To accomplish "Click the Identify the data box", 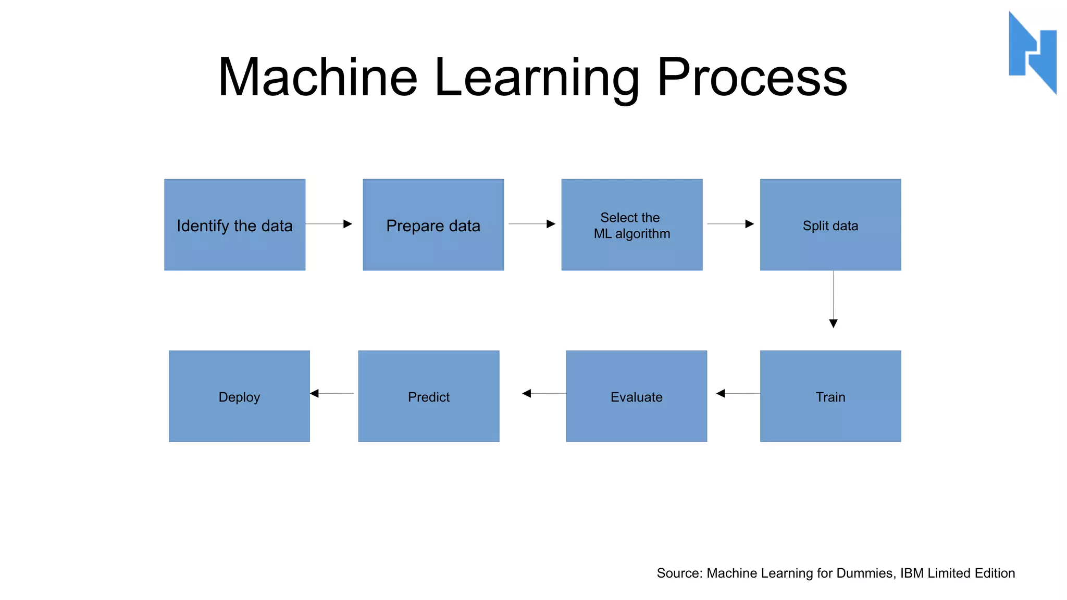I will click(x=234, y=224).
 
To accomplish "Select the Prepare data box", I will click(x=433, y=224).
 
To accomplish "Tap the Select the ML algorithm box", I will click(x=631, y=224).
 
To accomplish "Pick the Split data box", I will click(x=830, y=224).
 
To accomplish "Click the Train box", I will click(x=830, y=396).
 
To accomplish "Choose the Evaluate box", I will click(x=636, y=396).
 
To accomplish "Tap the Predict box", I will click(x=428, y=396).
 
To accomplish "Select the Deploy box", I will click(x=239, y=396).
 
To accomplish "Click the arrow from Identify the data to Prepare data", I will click(x=329, y=224).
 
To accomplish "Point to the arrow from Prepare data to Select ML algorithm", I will click(x=532, y=224).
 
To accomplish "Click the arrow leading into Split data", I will click(x=730, y=224).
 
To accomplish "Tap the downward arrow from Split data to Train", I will click(x=833, y=299).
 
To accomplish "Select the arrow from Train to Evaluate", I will click(x=738, y=393).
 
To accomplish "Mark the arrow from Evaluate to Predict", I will click(x=544, y=393).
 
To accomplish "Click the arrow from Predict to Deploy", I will click(x=332, y=393).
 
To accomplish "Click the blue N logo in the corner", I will click(x=1033, y=52).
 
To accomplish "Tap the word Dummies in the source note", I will click(x=865, y=573).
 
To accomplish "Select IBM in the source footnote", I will click(x=912, y=573).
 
